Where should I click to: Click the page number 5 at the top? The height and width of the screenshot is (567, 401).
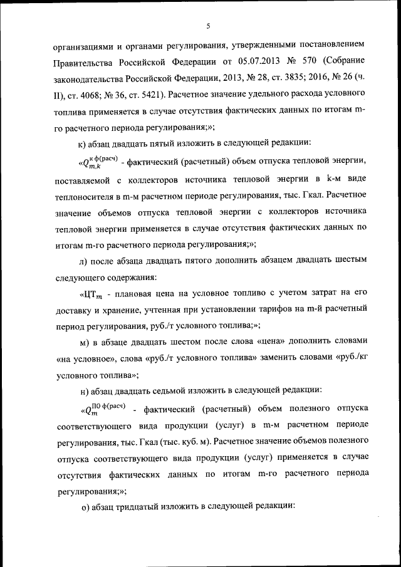[207, 25]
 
